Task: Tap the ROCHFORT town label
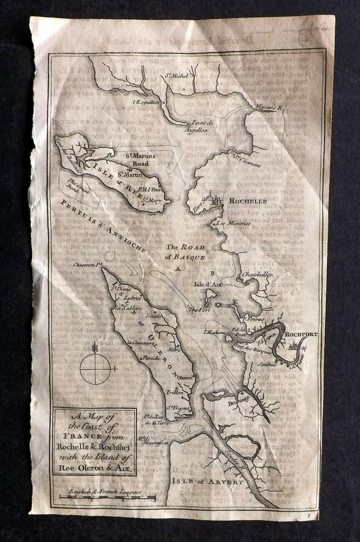[301, 334]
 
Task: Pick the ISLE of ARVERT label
[207, 481]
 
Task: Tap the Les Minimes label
[233, 223]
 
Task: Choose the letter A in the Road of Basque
[179, 269]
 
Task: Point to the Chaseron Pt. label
[87, 265]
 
